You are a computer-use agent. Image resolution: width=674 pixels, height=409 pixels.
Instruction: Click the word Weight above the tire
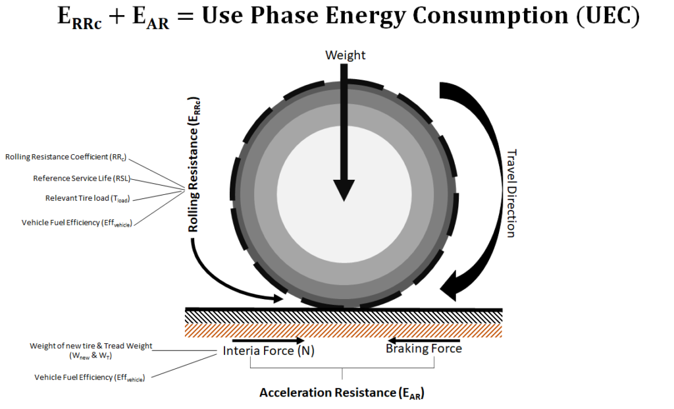[x=345, y=55]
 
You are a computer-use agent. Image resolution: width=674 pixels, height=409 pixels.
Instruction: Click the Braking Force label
[x=423, y=348]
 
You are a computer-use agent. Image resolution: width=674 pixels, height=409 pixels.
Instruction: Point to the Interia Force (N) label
[x=269, y=350]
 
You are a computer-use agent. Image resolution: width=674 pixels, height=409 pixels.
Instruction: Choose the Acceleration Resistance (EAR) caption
[x=342, y=393]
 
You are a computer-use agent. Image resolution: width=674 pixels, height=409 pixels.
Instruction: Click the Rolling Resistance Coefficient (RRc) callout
[x=65, y=157]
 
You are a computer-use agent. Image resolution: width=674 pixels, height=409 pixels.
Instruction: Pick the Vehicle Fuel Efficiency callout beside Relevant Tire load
[x=76, y=223]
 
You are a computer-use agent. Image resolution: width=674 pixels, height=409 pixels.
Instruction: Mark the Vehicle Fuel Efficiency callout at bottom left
[x=89, y=377]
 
